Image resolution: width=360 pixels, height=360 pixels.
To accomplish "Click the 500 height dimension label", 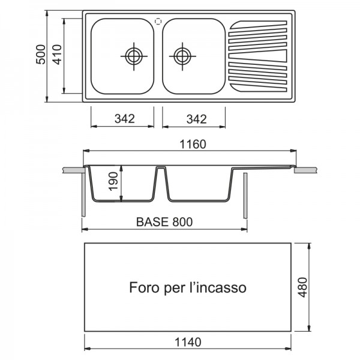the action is [x=41, y=55].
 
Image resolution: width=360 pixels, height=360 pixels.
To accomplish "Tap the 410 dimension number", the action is [x=58, y=55].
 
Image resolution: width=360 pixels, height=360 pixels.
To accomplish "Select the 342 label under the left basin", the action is [x=125, y=119].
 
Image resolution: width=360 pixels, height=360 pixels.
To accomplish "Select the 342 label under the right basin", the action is [x=197, y=119].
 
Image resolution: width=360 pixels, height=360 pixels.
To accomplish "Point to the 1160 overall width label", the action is [x=193, y=144].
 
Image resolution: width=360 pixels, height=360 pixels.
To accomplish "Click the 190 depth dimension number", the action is [x=113, y=181].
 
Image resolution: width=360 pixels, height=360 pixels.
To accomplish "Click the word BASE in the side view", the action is [x=152, y=222].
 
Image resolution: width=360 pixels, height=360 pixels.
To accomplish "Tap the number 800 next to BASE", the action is [x=182, y=222].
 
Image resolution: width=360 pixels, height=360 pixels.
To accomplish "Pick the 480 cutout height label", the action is [x=302, y=287].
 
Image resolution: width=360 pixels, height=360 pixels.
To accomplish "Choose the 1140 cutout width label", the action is [x=188, y=342].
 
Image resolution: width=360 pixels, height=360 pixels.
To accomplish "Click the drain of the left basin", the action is [x=134, y=56].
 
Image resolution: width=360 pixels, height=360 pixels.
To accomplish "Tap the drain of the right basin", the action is [x=182, y=56].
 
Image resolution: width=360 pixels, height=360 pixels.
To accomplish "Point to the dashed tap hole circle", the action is [x=158, y=22].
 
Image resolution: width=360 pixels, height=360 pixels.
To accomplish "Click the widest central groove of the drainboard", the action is [x=258, y=56].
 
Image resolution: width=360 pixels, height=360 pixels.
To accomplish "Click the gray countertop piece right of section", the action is [x=306, y=170].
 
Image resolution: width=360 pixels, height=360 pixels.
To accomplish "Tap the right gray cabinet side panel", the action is [x=245, y=196].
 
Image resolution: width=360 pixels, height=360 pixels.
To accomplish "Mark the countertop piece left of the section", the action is [x=73, y=170].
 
